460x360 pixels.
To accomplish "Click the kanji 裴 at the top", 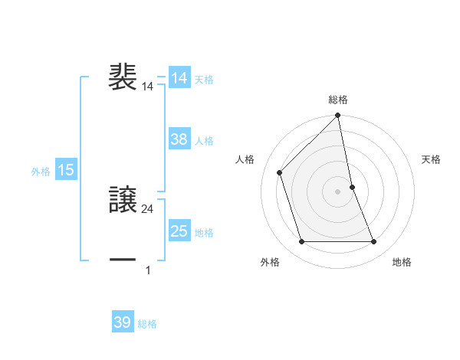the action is (123, 78).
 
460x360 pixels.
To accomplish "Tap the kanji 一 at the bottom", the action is (123, 260).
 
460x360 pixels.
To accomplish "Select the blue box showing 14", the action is (179, 79).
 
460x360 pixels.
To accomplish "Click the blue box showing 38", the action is (179, 139).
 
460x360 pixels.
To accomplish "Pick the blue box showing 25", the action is (179, 231).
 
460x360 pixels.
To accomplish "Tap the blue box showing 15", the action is (66, 170).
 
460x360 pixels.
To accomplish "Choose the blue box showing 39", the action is (123, 322).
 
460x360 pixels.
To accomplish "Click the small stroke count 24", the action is (148, 208).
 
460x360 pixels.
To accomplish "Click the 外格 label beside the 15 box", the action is (41, 172).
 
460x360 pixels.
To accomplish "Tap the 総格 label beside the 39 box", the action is (147, 324).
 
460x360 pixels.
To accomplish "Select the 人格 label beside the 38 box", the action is (205, 141).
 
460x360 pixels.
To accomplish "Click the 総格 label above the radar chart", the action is (338, 100).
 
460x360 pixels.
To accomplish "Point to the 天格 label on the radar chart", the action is (432, 159).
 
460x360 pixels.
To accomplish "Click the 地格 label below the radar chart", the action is (402, 262).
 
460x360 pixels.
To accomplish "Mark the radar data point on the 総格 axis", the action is (338, 116).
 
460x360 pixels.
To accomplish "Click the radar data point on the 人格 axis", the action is (279, 172).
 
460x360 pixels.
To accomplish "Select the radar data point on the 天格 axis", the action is (352, 187).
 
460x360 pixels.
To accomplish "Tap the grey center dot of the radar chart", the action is (338, 191).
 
